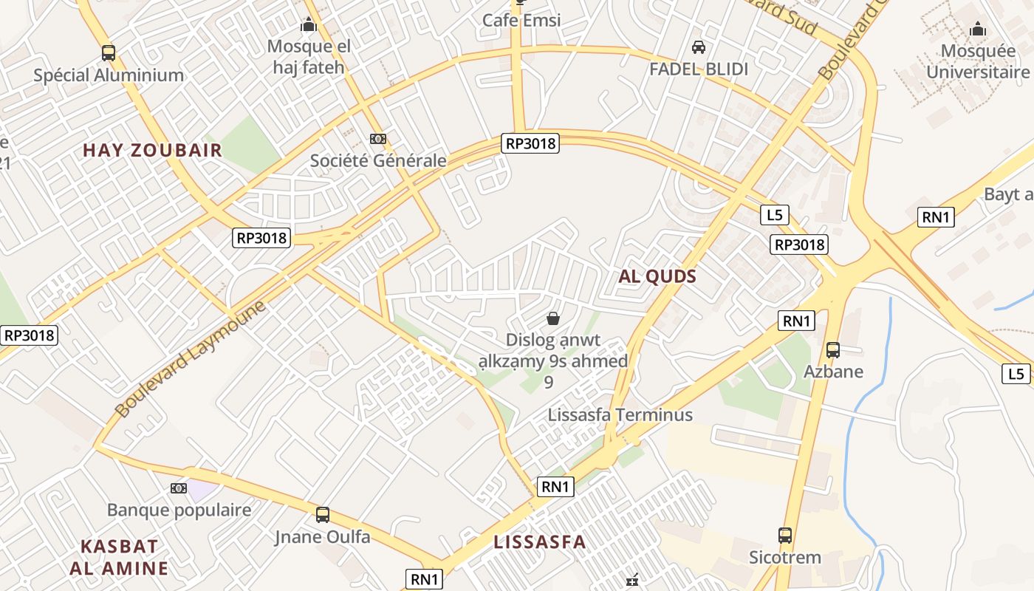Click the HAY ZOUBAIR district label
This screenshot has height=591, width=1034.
click(x=152, y=150)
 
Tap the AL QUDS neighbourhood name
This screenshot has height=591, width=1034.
click(x=657, y=276)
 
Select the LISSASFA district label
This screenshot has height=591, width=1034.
click(x=539, y=542)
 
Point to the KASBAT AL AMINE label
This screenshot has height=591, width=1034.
click(x=119, y=557)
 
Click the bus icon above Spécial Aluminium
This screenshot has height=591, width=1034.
click(x=109, y=52)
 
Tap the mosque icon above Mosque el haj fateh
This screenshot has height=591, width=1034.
click(x=309, y=25)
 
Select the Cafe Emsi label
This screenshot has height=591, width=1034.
click(x=521, y=20)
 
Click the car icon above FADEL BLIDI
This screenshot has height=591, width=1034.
click(x=698, y=47)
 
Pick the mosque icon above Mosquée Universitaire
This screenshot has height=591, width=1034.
click(x=978, y=29)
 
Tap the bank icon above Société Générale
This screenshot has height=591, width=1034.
click(x=378, y=138)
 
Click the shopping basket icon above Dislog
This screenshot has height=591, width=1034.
click(x=552, y=318)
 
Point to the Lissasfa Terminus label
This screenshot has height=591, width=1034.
click(x=620, y=414)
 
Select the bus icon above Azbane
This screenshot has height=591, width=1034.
click(x=833, y=349)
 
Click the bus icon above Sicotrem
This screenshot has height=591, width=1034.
click(x=785, y=535)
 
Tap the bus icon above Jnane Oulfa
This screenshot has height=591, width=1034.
click(x=323, y=514)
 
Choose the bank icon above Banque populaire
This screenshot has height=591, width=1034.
click(x=179, y=488)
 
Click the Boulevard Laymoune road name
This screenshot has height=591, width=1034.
click(x=190, y=358)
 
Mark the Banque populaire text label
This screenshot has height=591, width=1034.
click(x=179, y=510)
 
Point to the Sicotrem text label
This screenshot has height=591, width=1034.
click(x=785, y=556)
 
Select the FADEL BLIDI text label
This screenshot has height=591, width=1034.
click(x=699, y=69)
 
